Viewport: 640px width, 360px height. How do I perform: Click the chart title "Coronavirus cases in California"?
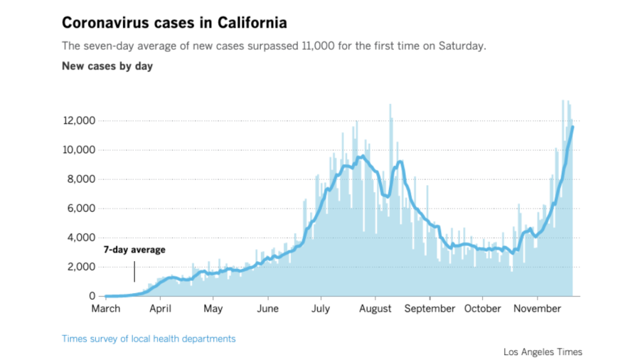[174, 23]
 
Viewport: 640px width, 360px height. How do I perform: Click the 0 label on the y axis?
[92, 296]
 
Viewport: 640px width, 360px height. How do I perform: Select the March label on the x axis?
[105, 309]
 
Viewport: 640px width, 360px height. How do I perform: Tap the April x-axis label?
[160, 309]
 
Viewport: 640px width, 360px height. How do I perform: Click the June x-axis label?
[267, 309]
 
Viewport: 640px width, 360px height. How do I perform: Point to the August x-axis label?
[375, 309]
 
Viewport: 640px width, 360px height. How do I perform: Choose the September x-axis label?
[430, 309]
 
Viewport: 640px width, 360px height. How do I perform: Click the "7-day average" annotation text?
[134, 250]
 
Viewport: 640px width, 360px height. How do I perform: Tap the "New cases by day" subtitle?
[107, 67]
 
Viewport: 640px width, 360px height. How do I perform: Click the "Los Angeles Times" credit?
[543, 351]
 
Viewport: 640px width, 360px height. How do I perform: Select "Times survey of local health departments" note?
[149, 339]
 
